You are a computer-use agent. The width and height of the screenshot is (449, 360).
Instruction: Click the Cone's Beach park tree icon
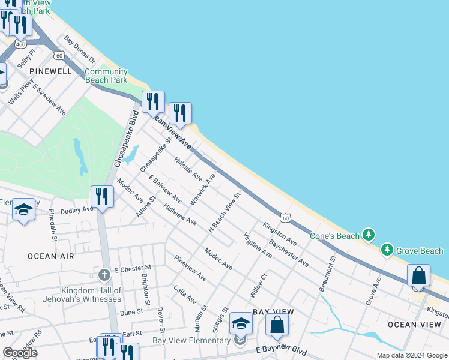pos(369,235)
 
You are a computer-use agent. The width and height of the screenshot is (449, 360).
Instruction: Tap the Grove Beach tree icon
pos(387,250)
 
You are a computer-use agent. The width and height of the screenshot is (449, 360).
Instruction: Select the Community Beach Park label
pos(106,75)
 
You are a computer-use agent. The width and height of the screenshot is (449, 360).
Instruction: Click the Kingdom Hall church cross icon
pos(104,275)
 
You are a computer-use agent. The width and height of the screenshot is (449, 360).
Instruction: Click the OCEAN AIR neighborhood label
pos(50,256)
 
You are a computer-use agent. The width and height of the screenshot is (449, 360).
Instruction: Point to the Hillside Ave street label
pos(188,167)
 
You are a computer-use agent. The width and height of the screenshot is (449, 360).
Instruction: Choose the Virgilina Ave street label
pos(257,245)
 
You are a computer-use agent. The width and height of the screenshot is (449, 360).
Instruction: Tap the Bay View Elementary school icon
pos(241,325)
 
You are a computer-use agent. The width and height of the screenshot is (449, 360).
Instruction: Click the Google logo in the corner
pos(20,353)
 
